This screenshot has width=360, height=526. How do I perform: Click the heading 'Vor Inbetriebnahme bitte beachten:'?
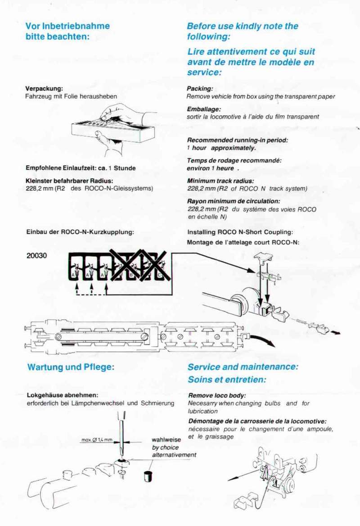(67, 31)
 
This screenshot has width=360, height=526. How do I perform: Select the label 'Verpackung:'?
(44, 89)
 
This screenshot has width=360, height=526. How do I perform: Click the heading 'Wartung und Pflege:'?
(71, 367)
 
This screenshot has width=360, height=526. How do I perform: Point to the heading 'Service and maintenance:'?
(243, 367)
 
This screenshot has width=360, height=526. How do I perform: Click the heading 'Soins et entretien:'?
(227, 379)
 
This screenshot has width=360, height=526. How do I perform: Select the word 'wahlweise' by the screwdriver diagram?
(166, 440)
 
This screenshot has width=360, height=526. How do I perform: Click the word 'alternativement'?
(174, 455)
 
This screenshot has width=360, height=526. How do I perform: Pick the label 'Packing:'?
(200, 89)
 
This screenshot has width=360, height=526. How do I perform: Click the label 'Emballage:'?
(204, 109)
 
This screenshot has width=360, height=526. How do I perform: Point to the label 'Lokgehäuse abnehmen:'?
(63, 395)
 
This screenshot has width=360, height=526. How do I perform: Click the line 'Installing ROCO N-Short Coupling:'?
(240, 232)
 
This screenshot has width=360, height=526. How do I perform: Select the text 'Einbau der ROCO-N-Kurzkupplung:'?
(81, 232)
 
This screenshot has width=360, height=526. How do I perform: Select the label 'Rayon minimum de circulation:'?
(234, 201)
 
